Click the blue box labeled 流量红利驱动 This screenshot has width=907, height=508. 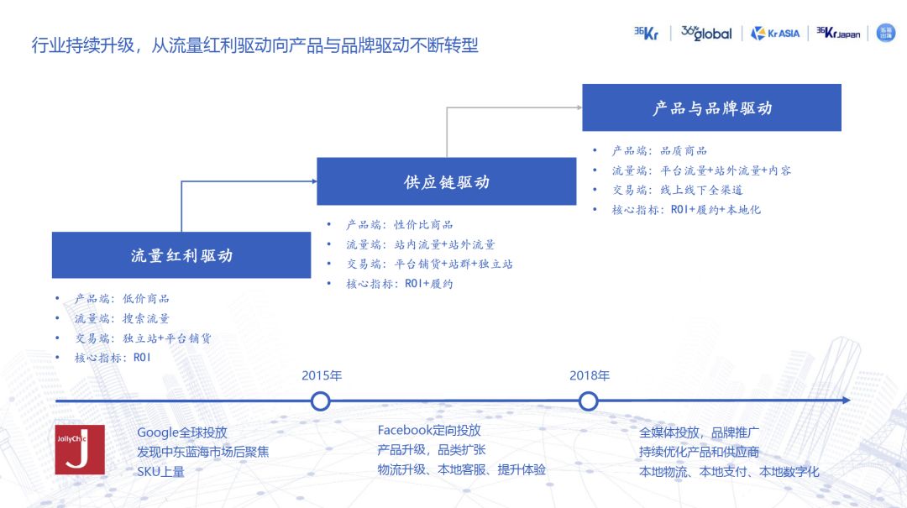(x=181, y=255)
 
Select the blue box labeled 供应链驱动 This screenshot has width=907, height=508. (x=446, y=182)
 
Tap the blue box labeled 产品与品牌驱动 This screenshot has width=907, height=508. (x=711, y=108)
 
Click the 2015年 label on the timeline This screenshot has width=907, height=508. (x=322, y=375)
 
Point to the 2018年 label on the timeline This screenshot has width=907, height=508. (x=589, y=375)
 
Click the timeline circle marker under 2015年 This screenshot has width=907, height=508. (x=320, y=401)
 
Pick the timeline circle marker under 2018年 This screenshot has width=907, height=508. (x=588, y=401)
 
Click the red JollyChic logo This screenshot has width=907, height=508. (x=80, y=449)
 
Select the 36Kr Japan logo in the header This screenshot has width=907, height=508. (x=838, y=34)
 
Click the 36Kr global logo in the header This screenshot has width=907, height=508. (x=706, y=34)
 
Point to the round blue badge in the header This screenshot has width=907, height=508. (x=885, y=33)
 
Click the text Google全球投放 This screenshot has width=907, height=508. (x=182, y=432)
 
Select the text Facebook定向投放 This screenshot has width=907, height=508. (x=429, y=431)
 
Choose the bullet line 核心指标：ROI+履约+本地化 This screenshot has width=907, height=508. (x=686, y=210)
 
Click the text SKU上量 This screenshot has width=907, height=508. (x=160, y=471)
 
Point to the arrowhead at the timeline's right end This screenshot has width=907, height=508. (x=846, y=401)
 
